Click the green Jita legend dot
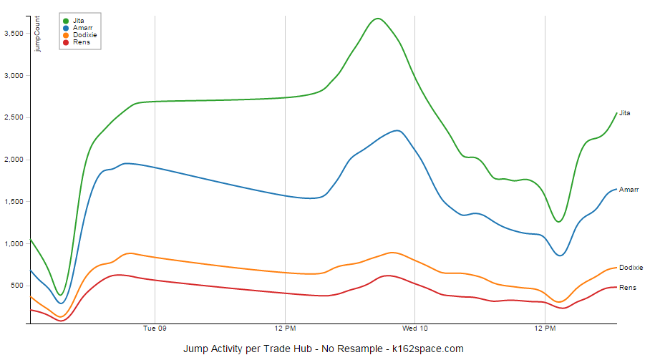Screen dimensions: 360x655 [x=67, y=21]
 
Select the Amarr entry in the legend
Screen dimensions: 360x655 [x=79, y=28]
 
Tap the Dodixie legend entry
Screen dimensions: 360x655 [x=84, y=35]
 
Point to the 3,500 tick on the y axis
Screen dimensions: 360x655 [x=14, y=34]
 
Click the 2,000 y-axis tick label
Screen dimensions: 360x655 [x=14, y=160]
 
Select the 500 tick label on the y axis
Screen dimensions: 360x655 [x=17, y=286]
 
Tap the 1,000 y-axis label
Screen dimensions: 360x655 [x=14, y=244]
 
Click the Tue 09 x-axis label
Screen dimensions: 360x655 [x=155, y=329]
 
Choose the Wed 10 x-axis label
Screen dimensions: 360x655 [x=415, y=329]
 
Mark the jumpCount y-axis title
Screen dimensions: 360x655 [x=38, y=34]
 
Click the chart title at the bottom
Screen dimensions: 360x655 [x=324, y=349]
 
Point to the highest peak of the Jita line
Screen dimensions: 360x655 [x=378, y=19]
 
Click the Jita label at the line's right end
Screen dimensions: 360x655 [x=625, y=113]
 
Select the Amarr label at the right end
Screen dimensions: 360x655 [x=629, y=190]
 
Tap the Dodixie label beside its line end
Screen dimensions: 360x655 [x=631, y=268]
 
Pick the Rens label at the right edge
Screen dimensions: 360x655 [x=627, y=288]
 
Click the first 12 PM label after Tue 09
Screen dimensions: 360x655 [x=285, y=329]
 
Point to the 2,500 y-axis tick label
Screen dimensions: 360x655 [x=14, y=117]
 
